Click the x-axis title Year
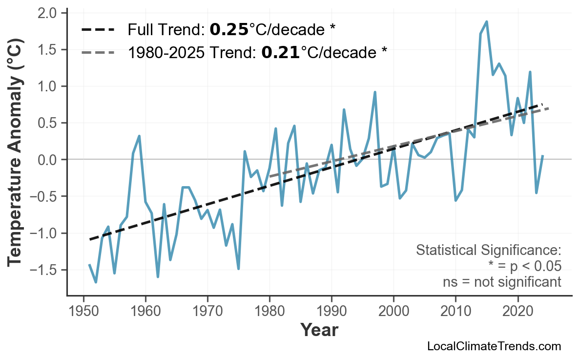(x=319, y=331)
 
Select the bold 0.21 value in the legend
(x=280, y=52)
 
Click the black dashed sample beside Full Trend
(x=98, y=30)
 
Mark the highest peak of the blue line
(x=487, y=21)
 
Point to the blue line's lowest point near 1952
(x=96, y=282)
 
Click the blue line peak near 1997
(x=375, y=92)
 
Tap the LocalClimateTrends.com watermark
(x=494, y=346)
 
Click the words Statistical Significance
(x=488, y=251)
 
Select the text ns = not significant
(x=501, y=282)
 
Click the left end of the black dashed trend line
(x=90, y=239)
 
